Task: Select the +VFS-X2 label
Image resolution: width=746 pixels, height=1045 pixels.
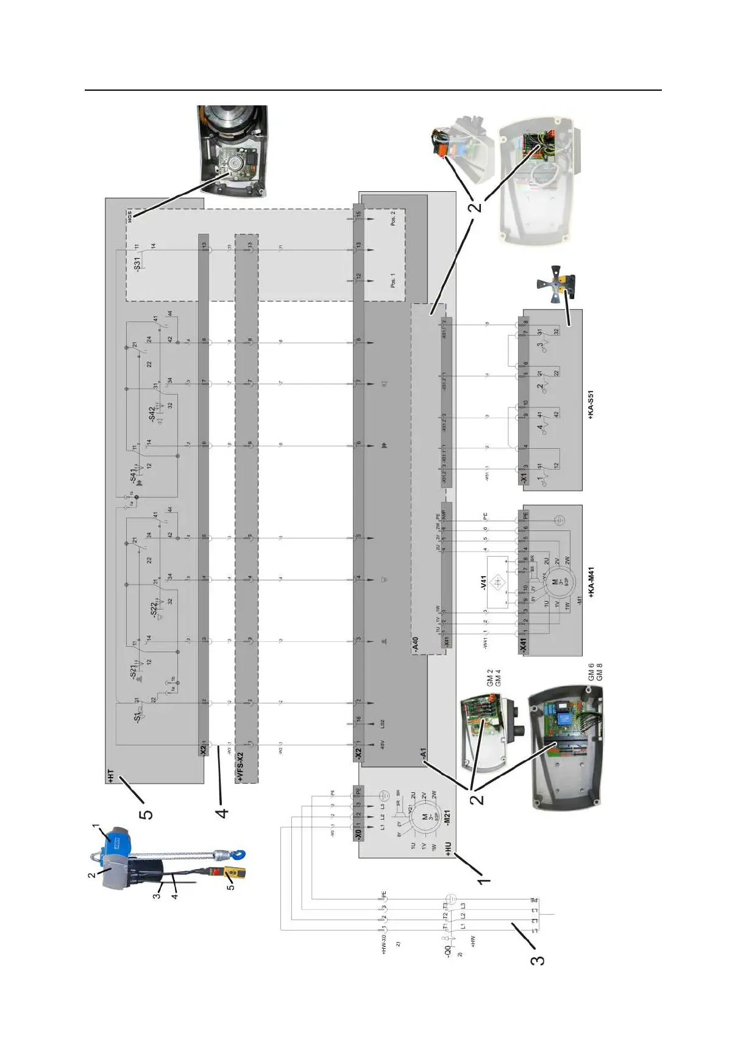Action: (x=240, y=765)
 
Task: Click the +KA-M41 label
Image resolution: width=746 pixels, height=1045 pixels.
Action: (x=591, y=582)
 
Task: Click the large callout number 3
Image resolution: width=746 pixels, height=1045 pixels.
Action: (x=537, y=960)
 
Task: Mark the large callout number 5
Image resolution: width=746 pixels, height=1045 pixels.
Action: (x=146, y=814)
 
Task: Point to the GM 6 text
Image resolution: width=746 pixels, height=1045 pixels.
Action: (x=591, y=672)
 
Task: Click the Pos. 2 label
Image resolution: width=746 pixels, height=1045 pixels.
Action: (x=393, y=219)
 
